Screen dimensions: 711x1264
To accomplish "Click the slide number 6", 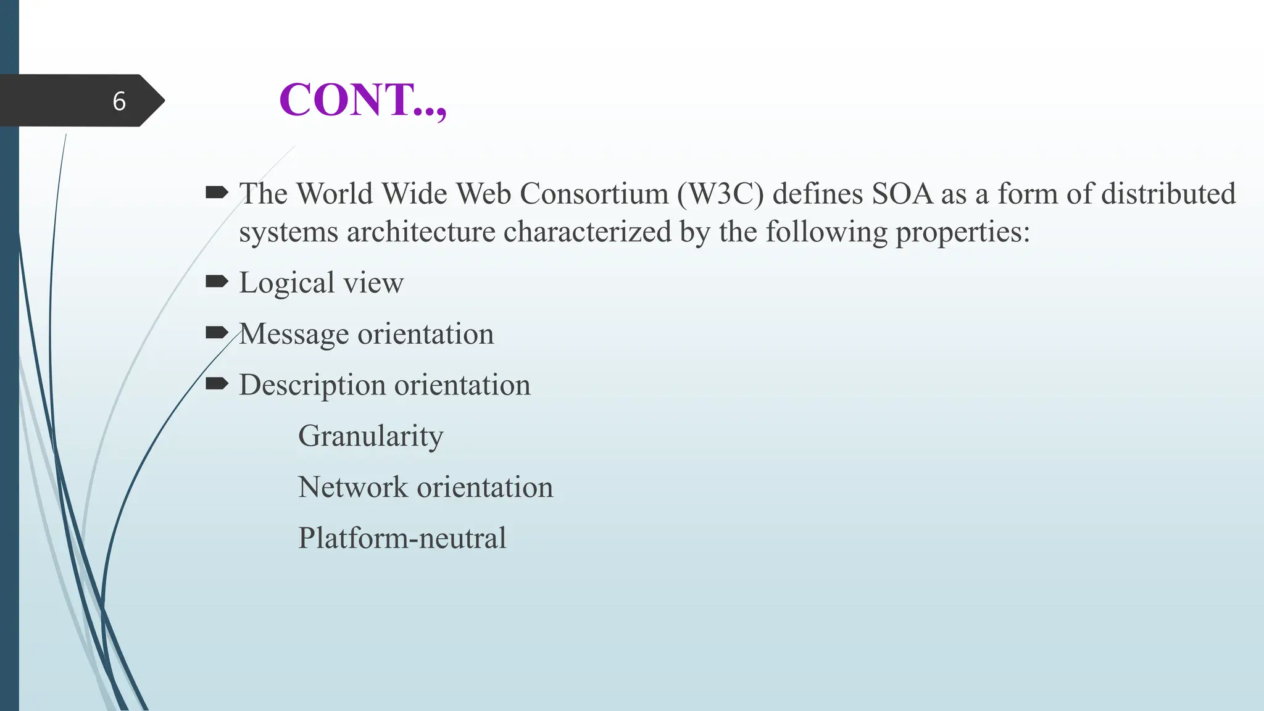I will [119, 101].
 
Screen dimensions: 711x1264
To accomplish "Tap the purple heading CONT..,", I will [362, 100].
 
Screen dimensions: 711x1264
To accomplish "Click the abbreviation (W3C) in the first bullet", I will [720, 194].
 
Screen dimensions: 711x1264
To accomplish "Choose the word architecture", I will [421, 232].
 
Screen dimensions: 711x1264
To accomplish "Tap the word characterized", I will [587, 232].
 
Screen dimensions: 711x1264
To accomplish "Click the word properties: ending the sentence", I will [962, 232].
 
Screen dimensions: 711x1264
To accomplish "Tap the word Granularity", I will [370, 436].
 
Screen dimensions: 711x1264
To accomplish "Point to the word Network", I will [353, 487].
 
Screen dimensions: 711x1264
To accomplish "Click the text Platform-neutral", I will [402, 538].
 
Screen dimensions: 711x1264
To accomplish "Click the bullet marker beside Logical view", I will [217, 282].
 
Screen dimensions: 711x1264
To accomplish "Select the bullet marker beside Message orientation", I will [217, 333].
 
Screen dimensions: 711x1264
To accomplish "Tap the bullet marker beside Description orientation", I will [217, 385].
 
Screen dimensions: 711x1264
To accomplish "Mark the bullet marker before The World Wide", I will [217, 193].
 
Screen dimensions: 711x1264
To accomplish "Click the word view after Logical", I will [373, 283].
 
